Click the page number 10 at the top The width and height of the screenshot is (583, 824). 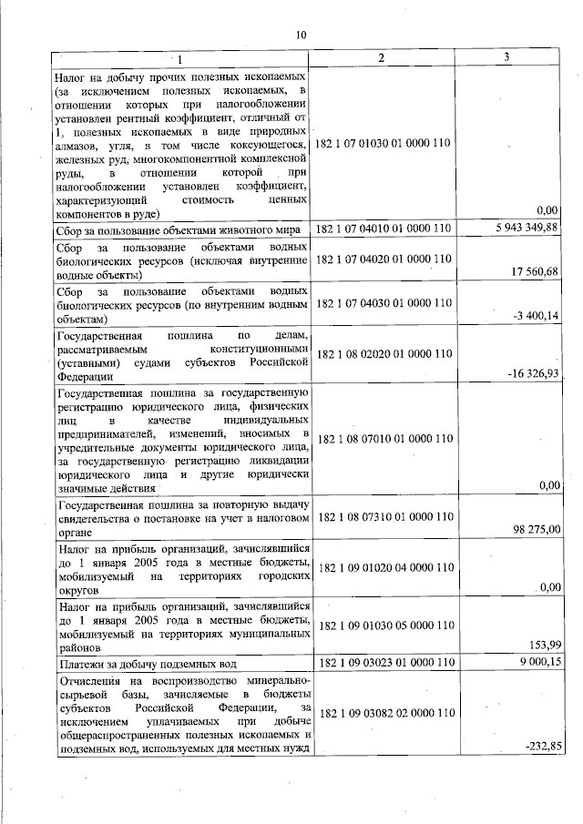click(302, 35)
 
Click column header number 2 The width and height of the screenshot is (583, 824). click(382, 57)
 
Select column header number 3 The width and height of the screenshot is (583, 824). click(506, 57)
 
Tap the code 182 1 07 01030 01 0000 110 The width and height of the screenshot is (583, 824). click(383, 144)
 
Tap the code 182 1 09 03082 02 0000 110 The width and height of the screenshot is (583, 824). click(383, 711)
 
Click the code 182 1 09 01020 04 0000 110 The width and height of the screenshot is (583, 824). click(383, 567)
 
